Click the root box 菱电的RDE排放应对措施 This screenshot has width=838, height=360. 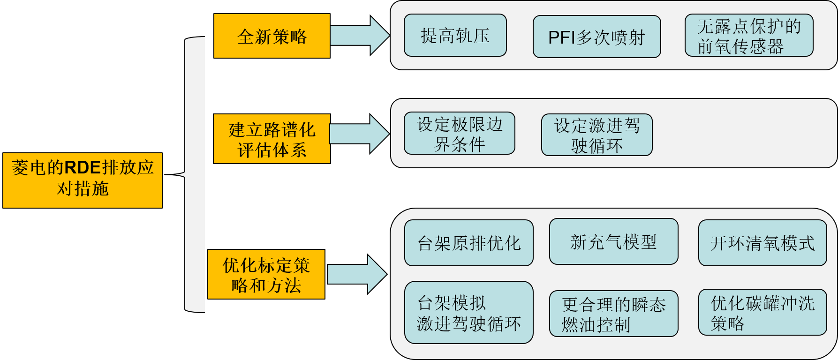click(83, 180)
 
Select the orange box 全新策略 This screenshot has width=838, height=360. click(272, 36)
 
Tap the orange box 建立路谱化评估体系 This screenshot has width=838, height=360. click(272, 139)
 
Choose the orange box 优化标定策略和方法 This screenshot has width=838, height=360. click(266, 274)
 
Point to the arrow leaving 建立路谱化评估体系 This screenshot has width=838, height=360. click(359, 134)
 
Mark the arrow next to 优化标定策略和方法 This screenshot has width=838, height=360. click(357, 274)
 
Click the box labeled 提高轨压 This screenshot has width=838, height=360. click(455, 36)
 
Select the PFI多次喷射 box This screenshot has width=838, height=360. click(596, 37)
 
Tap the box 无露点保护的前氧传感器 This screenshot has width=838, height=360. click(749, 36)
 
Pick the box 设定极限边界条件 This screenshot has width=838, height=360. click(460, 134)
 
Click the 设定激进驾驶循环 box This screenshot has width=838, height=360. click(596, 135)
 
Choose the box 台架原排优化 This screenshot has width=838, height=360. click(469, 243)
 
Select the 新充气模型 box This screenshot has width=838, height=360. click(613, 242)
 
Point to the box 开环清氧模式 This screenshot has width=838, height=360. click(763, 243)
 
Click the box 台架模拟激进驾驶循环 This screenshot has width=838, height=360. click(469, 313)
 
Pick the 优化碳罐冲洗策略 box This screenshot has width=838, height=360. click(763, 313)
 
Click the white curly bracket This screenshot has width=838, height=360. click(195, 174)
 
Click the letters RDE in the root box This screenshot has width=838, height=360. click(83, 168)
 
